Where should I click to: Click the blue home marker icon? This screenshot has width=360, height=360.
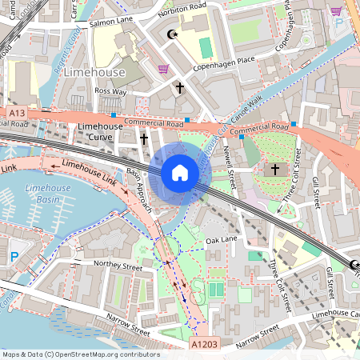(x=179, y=173)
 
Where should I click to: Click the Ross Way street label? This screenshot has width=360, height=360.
(x=111, y=92)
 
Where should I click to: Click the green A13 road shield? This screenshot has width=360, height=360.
(x=17, y=115)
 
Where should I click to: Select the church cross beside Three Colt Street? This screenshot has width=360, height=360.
(x=275, y=170)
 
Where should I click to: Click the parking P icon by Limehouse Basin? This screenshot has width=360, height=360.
(x=14, y=257)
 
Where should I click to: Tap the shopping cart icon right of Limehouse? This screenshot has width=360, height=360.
(x=163, y=70)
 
